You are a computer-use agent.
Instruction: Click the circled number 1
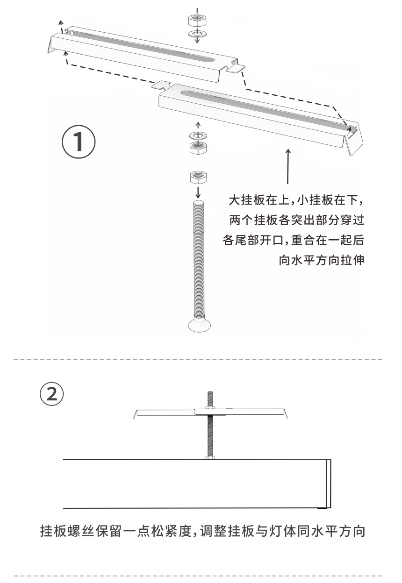(x=79, y=142)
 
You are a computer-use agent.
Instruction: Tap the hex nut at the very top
(x=197, y=20)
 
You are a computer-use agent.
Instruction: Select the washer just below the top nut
(x=197, y=33)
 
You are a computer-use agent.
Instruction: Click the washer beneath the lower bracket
(x=198, y=135)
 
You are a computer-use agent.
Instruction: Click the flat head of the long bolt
(x=199, y=325)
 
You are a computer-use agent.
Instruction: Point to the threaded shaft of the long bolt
(x=199, y=260)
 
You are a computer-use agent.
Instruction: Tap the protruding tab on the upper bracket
(x=236, y=69)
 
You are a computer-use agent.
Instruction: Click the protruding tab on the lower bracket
(x=161, y=85)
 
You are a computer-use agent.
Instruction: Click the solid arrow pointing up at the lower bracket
(x=288, y=166)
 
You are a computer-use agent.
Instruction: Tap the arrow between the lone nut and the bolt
(x=198, y=192)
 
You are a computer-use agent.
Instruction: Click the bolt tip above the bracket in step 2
(x=210, y=393)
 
